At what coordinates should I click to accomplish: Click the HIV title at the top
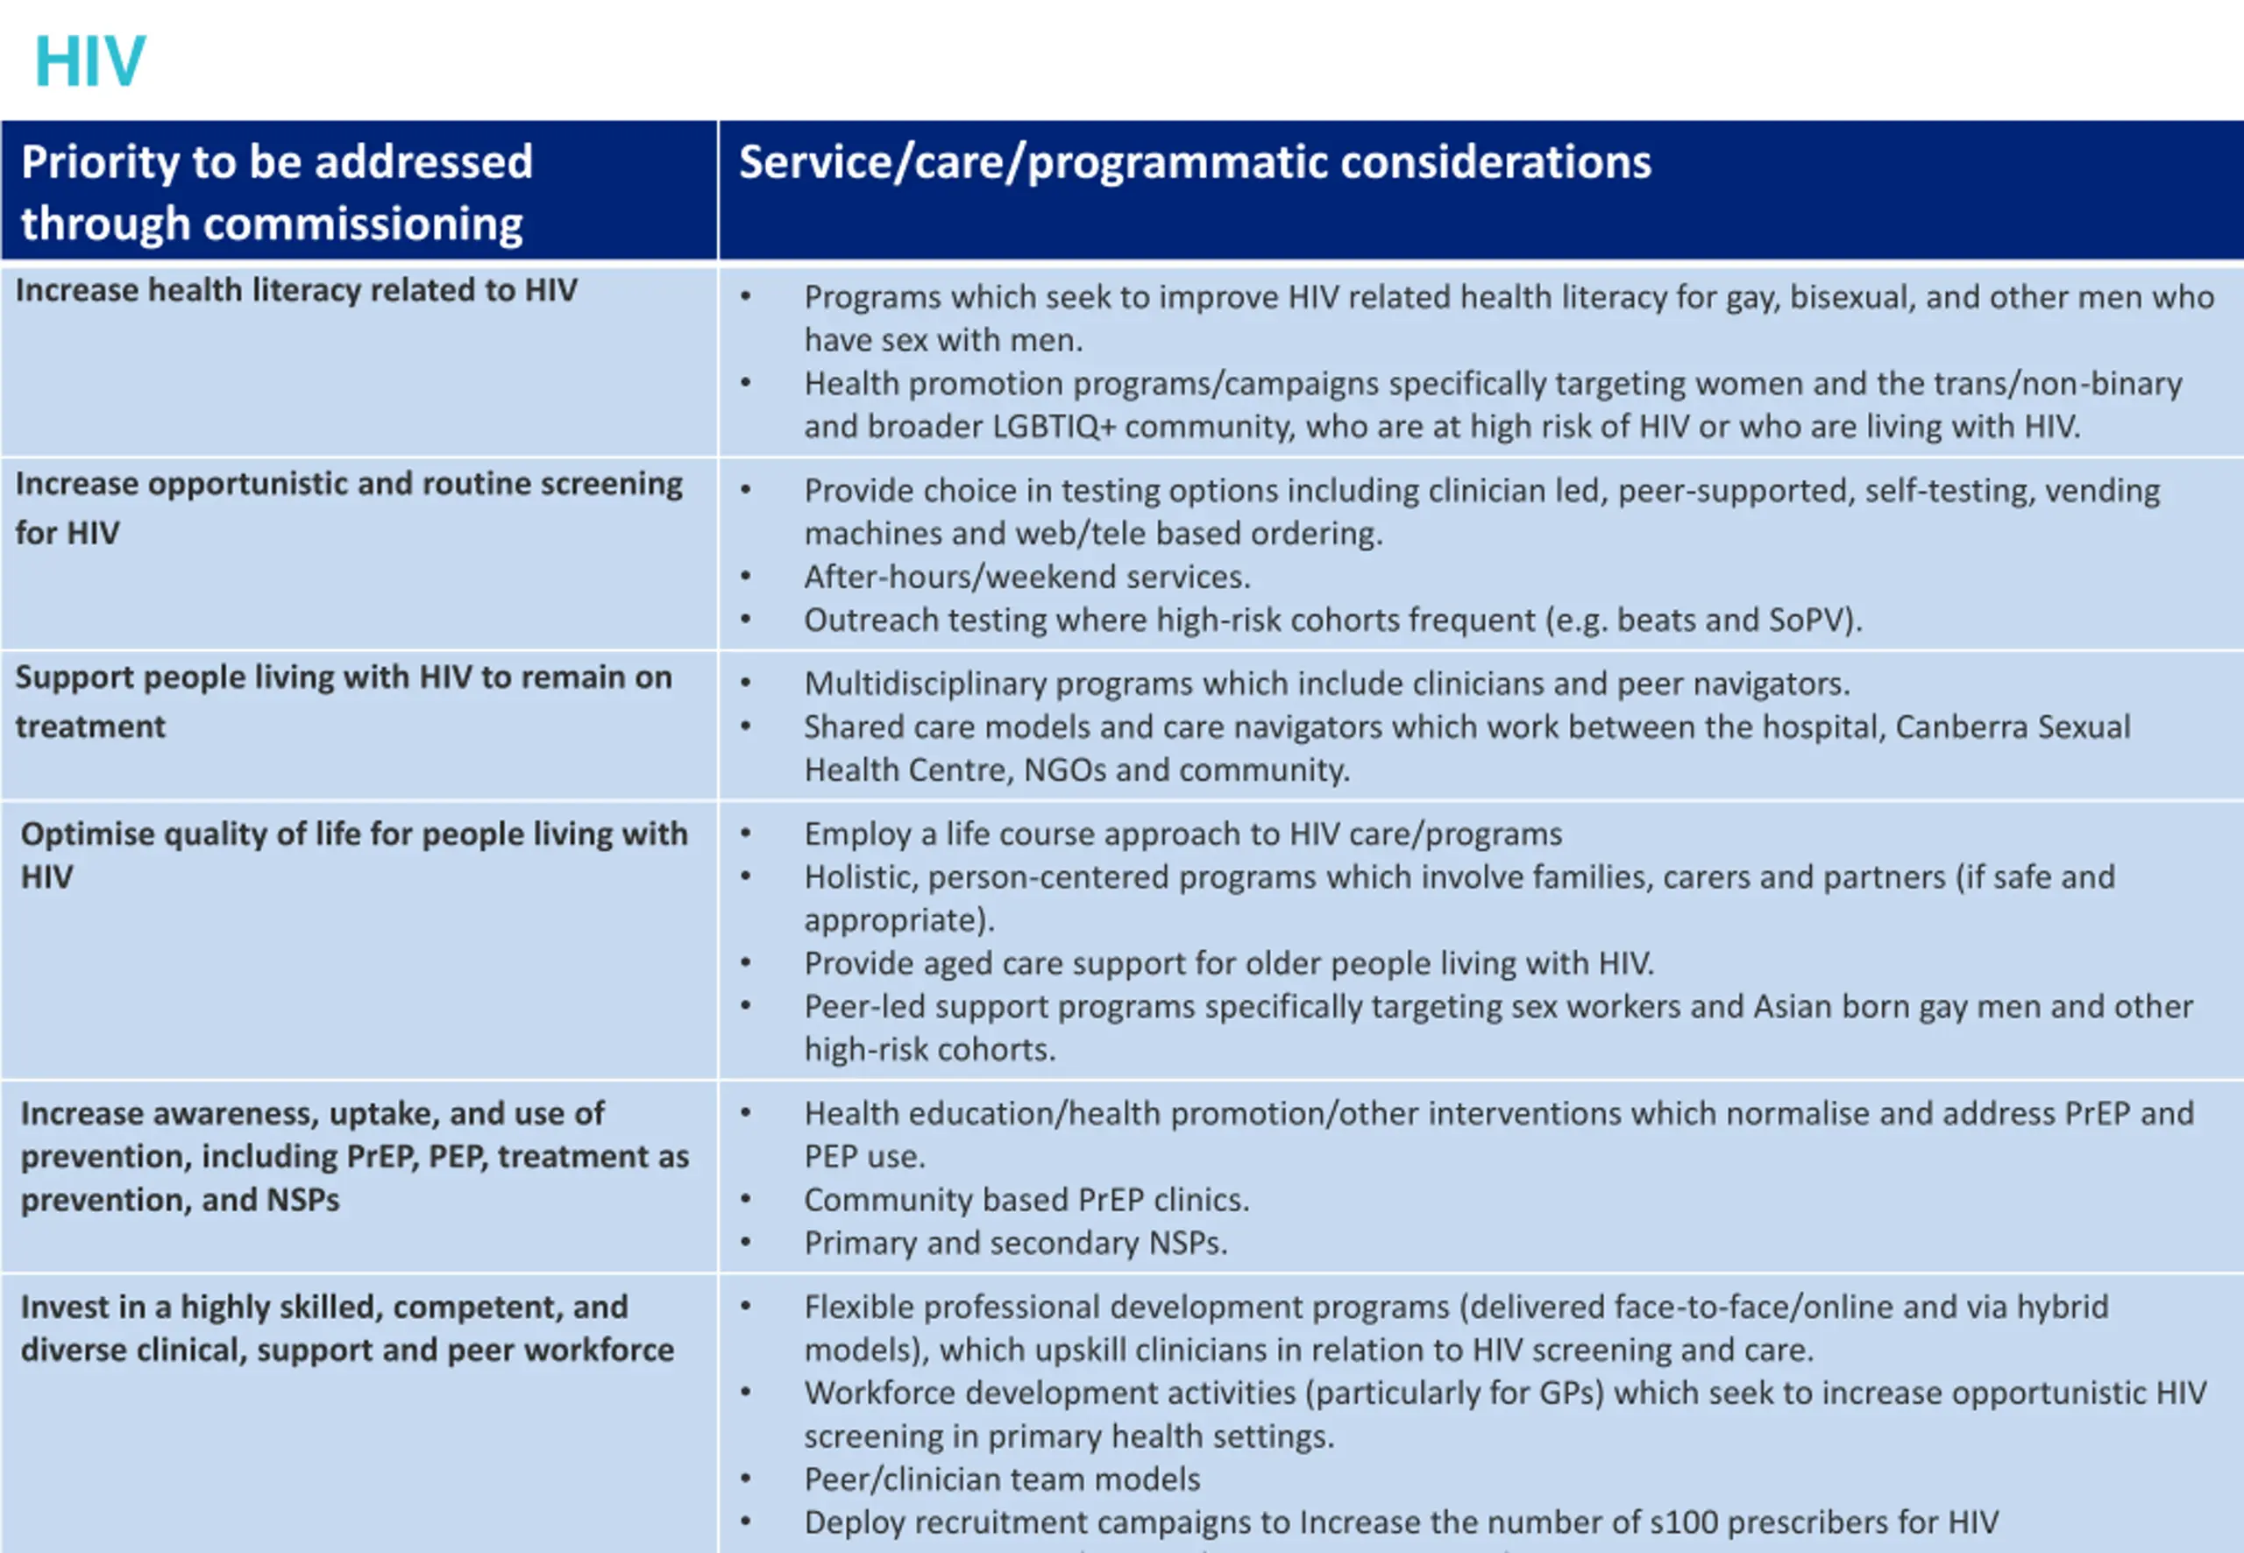89,61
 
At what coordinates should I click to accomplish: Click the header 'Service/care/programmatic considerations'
1194,161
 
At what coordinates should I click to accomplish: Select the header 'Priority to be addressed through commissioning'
276,192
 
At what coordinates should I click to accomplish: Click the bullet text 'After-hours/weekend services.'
1026,577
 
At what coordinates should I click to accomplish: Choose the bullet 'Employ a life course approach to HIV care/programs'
1182,834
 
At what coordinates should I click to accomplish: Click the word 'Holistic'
859,876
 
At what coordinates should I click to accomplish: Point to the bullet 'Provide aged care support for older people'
1228,963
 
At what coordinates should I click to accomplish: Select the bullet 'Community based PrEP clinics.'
1026,1200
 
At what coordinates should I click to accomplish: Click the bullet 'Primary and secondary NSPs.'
1015,1243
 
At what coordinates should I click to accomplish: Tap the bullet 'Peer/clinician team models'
1001,1479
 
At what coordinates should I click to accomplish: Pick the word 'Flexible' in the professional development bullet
858,1307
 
